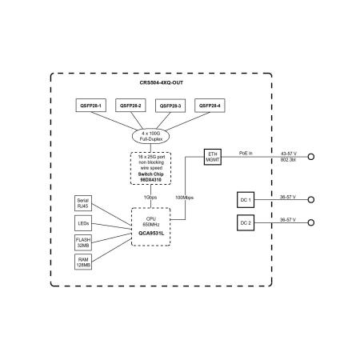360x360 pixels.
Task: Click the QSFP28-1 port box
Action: (x=91, y=106)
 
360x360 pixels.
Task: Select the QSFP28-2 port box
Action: (x=130, y=106)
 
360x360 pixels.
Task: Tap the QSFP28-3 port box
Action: (x=170, y=106)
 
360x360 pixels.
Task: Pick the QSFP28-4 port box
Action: (x=210, y=106)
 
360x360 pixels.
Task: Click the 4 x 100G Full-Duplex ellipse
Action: (x=150, y=136)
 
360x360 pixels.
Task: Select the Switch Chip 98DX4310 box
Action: (x=150, y=168)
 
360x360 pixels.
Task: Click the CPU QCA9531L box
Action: (x=151, y=226)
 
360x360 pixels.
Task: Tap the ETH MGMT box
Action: (x=213, y=157)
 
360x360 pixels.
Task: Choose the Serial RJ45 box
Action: (x=83, y=203)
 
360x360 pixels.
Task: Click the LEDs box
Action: (x=83, y=223)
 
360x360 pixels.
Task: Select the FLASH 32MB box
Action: (x=83, y=242)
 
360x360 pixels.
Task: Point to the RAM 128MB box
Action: (x=83, y=262)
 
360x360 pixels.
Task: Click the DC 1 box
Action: (x=246, y=200)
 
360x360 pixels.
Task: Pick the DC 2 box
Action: (x=246, y=222)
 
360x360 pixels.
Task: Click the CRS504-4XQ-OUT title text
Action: (x=162, y=82)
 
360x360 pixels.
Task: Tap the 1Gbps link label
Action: (x=150, y=198)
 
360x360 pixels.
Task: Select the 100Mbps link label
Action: (x=184, y=198)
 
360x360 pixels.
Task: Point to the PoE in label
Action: (x=246, y=153)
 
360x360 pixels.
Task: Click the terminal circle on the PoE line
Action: (x=311, y=157)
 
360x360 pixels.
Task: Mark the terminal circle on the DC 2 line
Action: (x=311, y=222)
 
